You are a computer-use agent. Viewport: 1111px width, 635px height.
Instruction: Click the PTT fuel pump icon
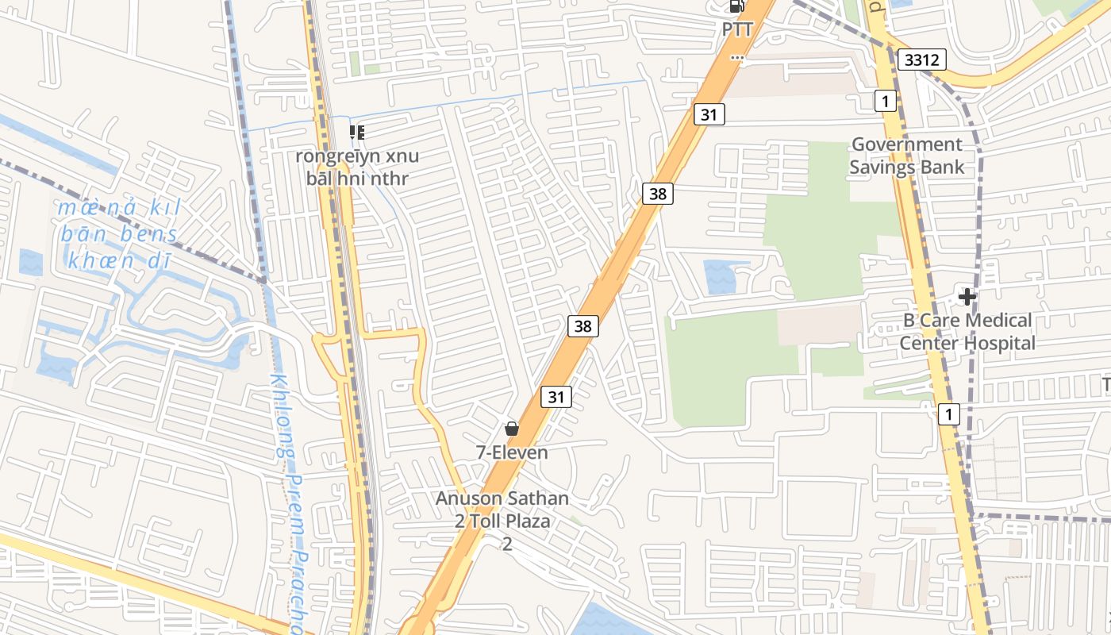(x=736, y=6)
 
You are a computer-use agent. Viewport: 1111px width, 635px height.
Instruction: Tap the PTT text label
(x=736, y=29)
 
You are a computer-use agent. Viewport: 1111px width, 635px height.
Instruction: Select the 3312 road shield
(x=922, y=59)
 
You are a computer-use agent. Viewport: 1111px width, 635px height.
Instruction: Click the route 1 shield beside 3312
(x=886, y=101)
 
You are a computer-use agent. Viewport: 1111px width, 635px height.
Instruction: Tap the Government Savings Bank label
(x=906, y=156)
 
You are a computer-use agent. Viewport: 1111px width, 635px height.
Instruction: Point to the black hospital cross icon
(x=967, y=297)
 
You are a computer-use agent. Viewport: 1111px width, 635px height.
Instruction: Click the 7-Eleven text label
(x=512, y=452)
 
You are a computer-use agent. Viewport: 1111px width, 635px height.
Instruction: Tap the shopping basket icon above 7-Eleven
(x=512, y=429)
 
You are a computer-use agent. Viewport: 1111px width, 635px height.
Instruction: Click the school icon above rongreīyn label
(x=357, y=132)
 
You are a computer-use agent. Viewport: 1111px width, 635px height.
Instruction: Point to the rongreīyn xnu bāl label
(x=357, y=167)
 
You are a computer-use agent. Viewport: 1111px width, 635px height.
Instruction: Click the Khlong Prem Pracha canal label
(x=286, y=500)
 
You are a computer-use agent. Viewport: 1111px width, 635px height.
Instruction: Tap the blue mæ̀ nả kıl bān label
(x=119, y=234)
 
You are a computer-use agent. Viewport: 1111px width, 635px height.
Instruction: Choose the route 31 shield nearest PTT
(x=709, y=114)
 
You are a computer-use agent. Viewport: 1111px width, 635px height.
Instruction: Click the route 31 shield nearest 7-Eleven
(x=556, y=396)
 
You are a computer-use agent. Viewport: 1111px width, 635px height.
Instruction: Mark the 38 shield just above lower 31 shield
(x=583, y=325)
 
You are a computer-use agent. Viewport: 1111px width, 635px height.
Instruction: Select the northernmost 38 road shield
(x=659, y=193)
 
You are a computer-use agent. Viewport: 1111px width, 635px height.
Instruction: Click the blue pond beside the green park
(x=724, y=276)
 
